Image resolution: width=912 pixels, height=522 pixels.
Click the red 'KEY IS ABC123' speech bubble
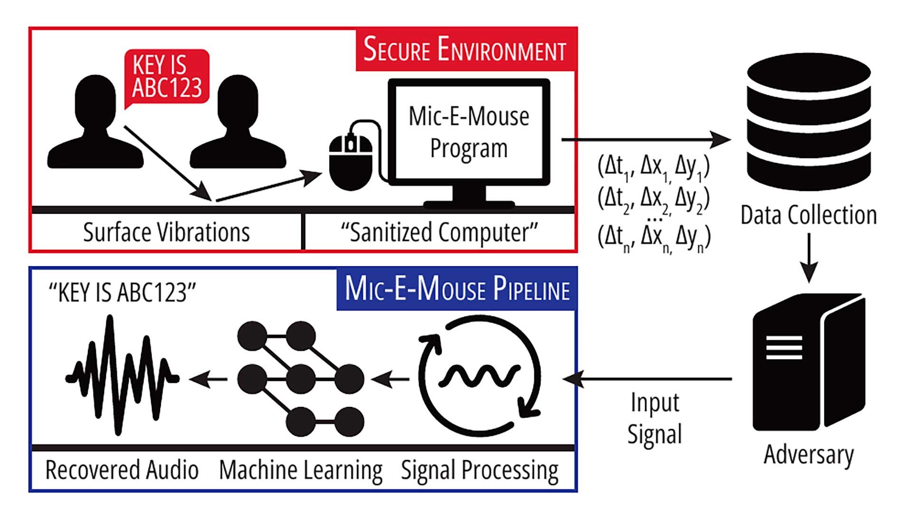167,76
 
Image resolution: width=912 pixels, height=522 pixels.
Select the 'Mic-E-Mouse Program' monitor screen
469,132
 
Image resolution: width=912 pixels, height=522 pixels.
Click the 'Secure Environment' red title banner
465,50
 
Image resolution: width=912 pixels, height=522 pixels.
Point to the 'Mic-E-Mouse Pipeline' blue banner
457,289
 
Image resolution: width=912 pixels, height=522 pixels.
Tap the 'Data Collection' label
808,215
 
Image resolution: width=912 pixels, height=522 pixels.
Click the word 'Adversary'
808,455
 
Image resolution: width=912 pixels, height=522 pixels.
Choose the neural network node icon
301,379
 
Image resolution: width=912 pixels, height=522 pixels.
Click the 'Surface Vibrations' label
166,232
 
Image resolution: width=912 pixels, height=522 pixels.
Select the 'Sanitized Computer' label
439,232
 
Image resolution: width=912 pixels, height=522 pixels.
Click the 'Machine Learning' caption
301,470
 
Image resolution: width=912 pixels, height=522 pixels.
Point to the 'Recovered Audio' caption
122,470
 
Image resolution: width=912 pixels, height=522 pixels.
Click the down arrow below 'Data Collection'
808,259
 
